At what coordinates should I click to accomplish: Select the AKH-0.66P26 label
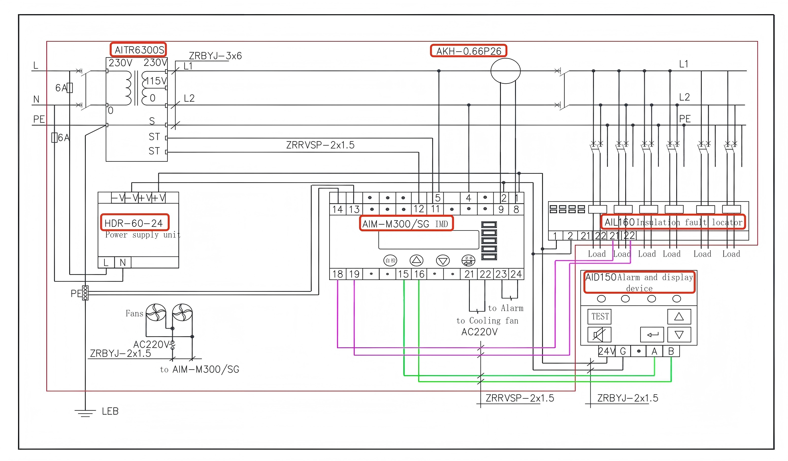point(468,51)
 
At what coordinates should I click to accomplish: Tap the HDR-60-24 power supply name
point(134,223)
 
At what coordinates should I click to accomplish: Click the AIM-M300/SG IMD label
point(406,224)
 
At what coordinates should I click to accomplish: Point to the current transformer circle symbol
point(505,71)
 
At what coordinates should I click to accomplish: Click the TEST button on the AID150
point(600,316)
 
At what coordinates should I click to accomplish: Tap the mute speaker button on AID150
point(599,335)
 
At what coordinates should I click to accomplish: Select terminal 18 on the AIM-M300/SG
point(337,274)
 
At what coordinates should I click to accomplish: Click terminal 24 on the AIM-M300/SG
point(516,274)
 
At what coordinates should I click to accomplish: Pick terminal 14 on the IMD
point(337,209)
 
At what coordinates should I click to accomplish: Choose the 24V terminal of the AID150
point(607,351)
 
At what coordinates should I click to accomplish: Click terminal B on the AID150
point(671,351)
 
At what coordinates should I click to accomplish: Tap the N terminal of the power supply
point(123,263)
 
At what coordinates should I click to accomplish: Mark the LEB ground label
point(110,411)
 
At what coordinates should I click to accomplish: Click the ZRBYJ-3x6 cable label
point(215,56)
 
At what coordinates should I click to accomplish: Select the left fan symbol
point(156,312)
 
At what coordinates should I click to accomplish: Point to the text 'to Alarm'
point(505,308)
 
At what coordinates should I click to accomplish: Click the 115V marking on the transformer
point(156,81)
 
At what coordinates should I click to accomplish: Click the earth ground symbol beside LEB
point(85,413)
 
